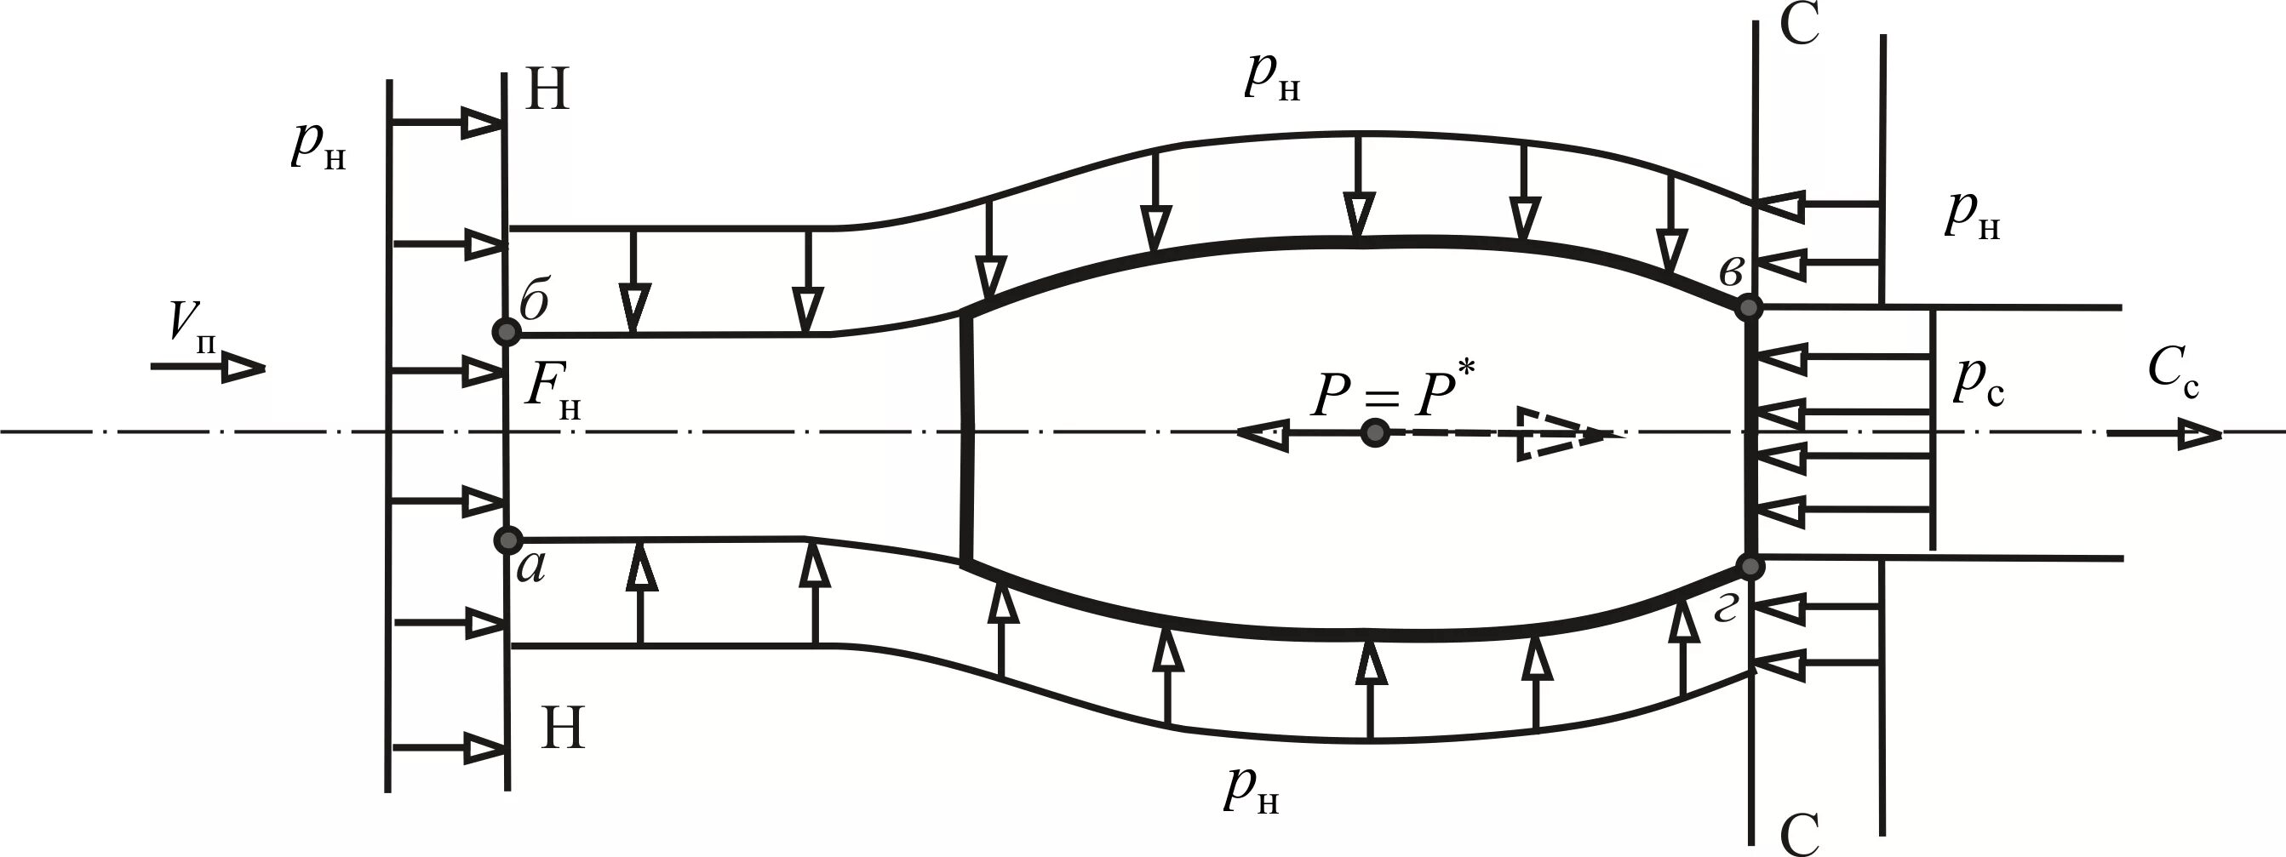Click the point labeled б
tap(507, 333)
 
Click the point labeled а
tap(507, 540)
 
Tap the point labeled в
tap(1748, 307)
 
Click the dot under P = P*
tap(1375, 433)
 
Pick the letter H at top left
tap(547, 90)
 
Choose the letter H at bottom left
tap(563, 729)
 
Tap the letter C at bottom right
tap(1800, 834)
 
